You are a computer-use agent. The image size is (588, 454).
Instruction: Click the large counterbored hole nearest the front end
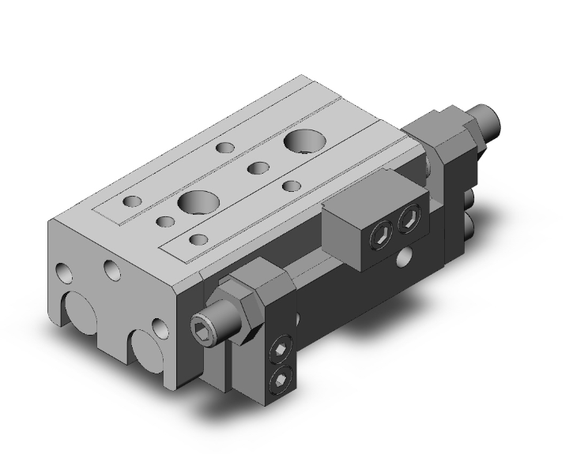point(194,201)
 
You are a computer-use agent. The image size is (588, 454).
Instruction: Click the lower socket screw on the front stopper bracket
point(279,381)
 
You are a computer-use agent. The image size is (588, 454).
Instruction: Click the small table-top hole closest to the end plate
point(133,201)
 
